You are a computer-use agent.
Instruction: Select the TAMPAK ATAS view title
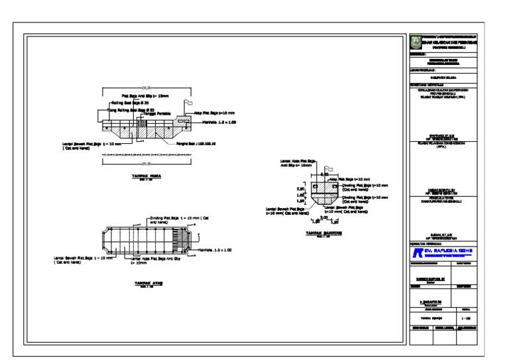(x=148, y=282)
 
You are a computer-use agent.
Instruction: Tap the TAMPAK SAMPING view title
(x=323, y=233)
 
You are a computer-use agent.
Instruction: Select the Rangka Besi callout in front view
(x=197, y=143)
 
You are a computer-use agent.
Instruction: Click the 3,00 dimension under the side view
(x=324, y=217)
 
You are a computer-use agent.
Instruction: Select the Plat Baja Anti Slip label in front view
(x=145, y=95)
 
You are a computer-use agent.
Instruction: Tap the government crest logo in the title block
(x=416, y=42)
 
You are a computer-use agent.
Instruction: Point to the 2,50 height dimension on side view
(x=300, y=188)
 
